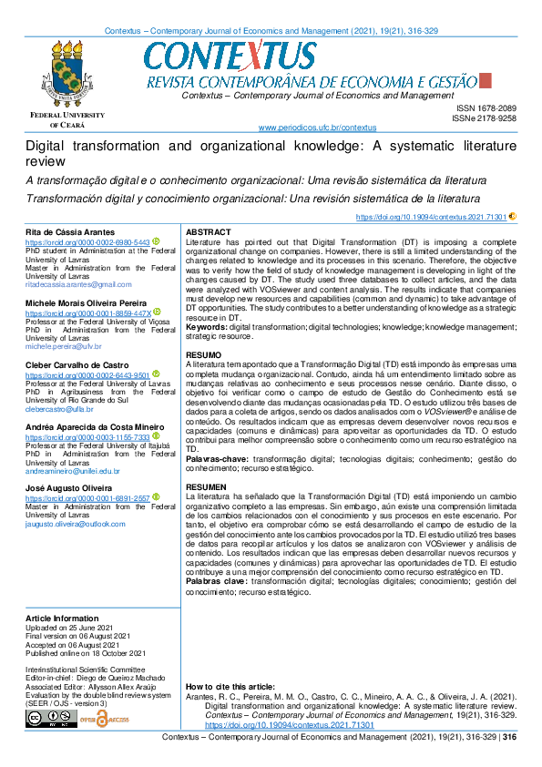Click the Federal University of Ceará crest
pyautogui.click(x=67, y=74)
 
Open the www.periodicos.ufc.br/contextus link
pyautogui.click(x=318, y=128)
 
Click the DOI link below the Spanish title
pyautogui.click(x=431, y=217)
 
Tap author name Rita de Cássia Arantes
pyautogui.click(x=70, y=233)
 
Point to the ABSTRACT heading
pyautogui.click(x=208, y=233)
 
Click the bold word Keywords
pyautogui.click(x=206, y=325)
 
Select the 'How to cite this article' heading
pyautogui.click(x=230, y=686)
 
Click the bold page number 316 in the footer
pyautogui.click(x=509, y=738)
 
